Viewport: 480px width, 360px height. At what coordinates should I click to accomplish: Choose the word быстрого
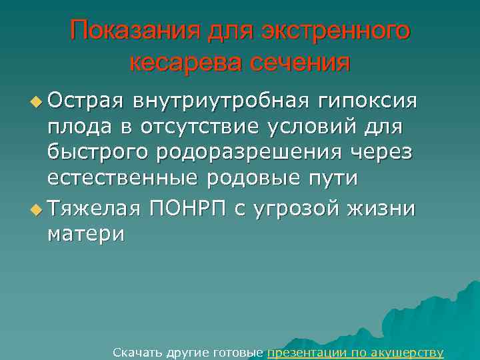coord(98,153)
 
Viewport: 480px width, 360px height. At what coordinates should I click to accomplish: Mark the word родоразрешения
coord(252,153)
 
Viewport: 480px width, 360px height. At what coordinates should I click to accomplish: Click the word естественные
coord(123,178)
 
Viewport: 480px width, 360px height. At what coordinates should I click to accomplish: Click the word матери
coord(85,235)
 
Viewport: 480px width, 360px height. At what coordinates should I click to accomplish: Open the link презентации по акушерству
coord(355,352)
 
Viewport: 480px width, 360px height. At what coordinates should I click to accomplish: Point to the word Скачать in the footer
coord(135,352)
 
